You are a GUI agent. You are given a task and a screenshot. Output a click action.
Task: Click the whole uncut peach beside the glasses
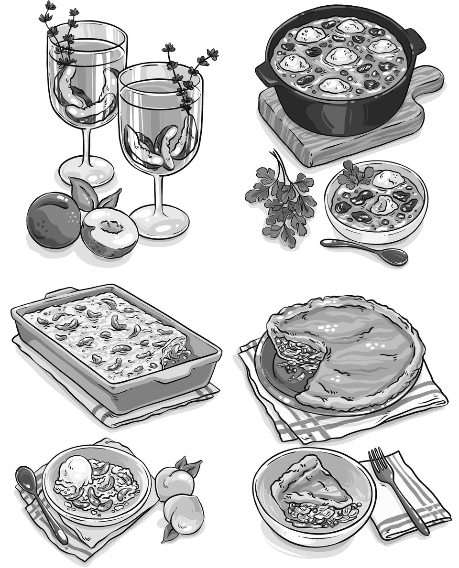pyautogui.click(x=54, y=219)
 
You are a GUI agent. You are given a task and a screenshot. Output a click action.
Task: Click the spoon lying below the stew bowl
pyautogui.click(x=366, y=251)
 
